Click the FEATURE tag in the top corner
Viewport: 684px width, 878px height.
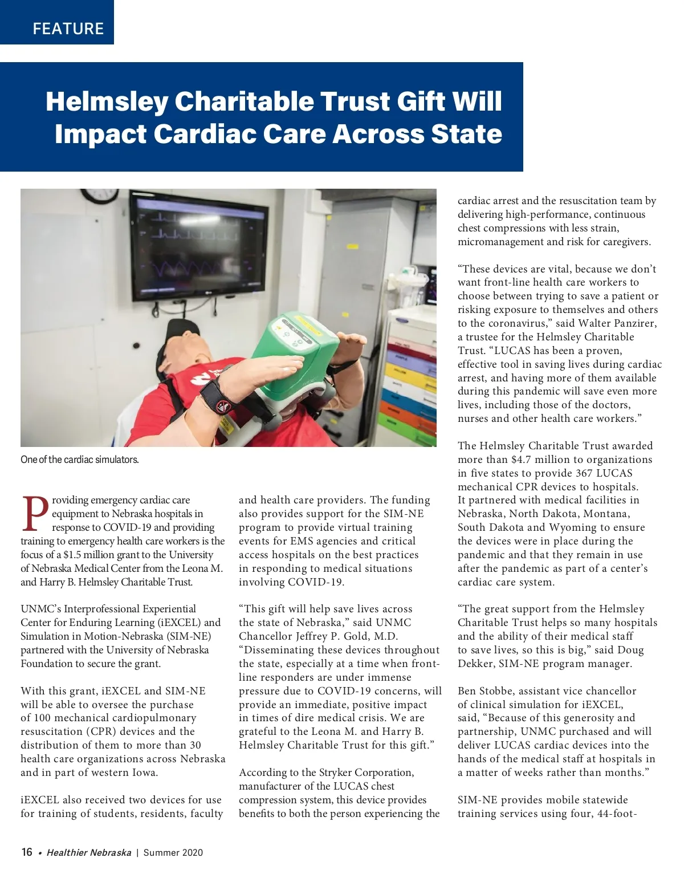coord(68,29)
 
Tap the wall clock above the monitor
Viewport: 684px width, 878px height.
coord(99,195)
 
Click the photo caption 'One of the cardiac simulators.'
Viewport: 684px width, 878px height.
coord(80,460)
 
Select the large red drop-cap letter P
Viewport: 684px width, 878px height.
coord(35,514)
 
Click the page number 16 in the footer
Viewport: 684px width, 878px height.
coord(27,852)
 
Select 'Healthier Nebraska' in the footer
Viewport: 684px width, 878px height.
coord(89,853)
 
